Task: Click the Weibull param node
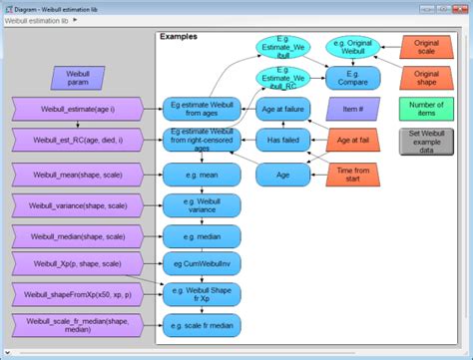point(78,77)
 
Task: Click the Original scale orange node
point(427,47)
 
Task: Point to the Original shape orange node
point(427,77)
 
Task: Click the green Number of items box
point(426,110)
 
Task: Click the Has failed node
point(283,142)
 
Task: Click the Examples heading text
point(179,36)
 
